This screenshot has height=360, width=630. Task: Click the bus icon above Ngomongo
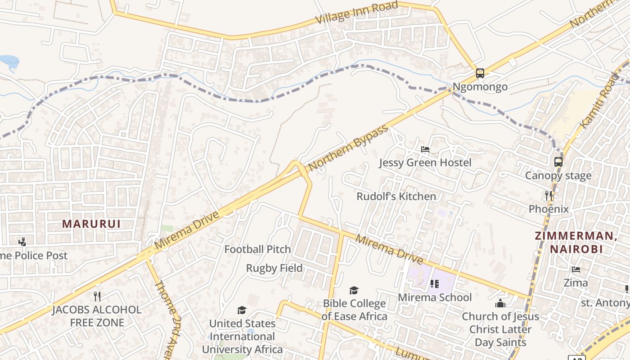click(x=480, y=73)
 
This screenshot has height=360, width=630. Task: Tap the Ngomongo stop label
click(x=480, y=86)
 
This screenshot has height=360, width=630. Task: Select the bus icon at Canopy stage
click(x=558, y=162)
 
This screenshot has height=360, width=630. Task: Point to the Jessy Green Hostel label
click(x=425, y=162)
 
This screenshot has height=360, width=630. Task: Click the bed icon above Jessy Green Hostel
click(x=425, y=149)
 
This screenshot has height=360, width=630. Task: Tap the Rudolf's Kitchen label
click(x=396, y=196)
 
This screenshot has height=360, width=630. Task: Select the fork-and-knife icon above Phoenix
click(x=549, y=195)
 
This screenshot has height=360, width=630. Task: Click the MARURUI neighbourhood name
click(x=91, y=224)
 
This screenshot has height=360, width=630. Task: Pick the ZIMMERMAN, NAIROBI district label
click(x=575, y=242)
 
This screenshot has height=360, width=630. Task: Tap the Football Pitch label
click(x=257, y=249)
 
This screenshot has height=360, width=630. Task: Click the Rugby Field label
click(x=274, y=268)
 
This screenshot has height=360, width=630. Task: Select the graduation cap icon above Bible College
click(x=354, y=290)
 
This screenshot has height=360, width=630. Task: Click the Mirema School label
click(x=435, y=297)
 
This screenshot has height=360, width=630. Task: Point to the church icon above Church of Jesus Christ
click(x=500, y=303)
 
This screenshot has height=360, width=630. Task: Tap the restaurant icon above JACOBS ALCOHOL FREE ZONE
click(x=97, y=296)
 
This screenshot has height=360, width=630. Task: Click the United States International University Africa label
click(x=242, y=336)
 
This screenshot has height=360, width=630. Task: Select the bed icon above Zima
click(x=576, y=270)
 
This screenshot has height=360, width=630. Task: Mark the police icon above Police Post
click(x=22, y=242)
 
